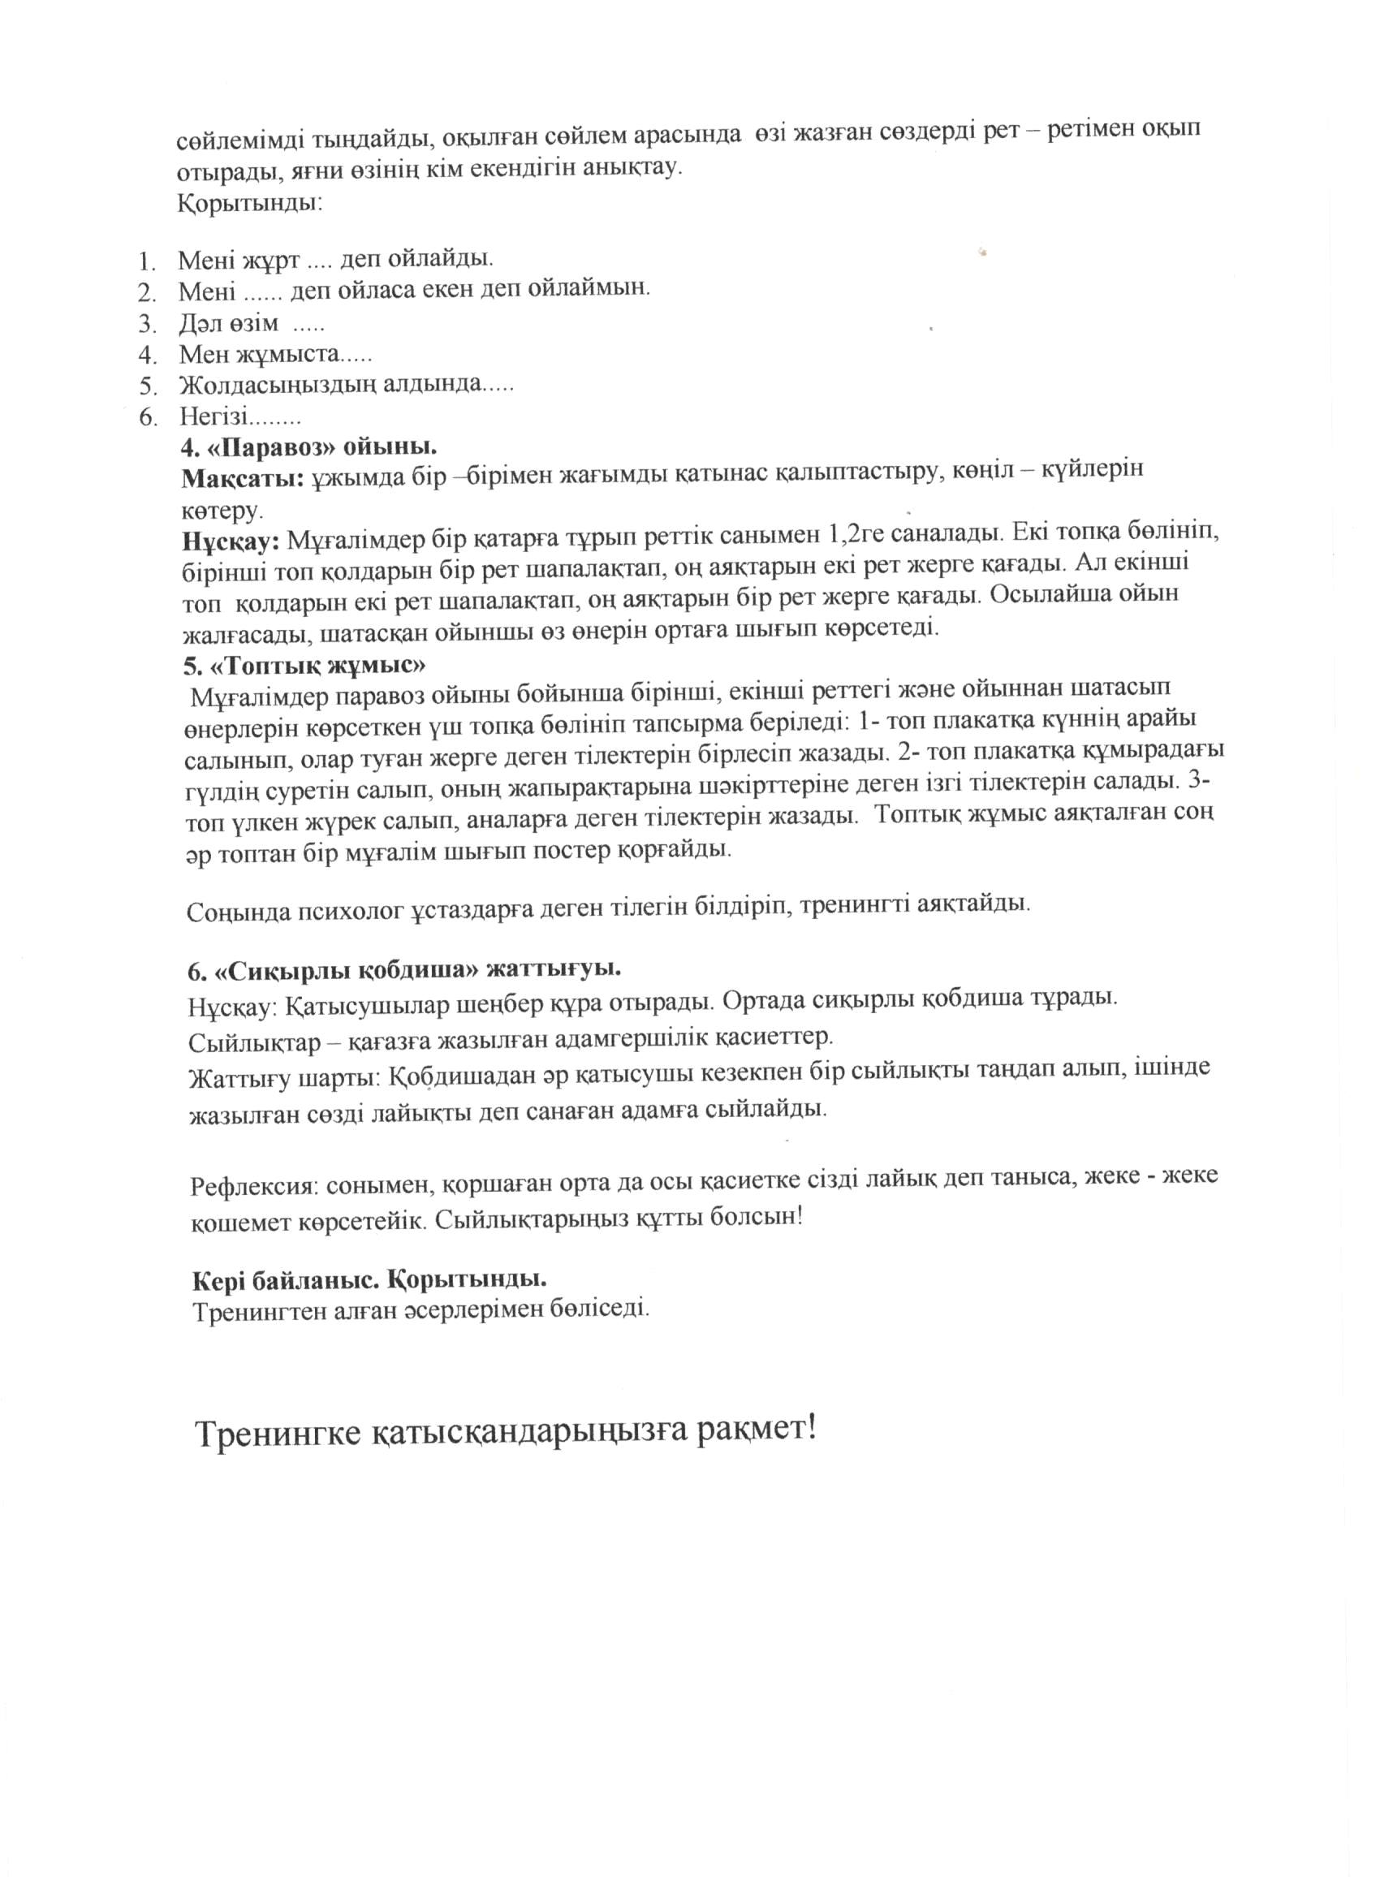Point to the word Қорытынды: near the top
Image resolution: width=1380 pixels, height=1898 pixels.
pos(248,203)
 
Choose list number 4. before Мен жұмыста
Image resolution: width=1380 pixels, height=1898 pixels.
pos(148,355)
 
